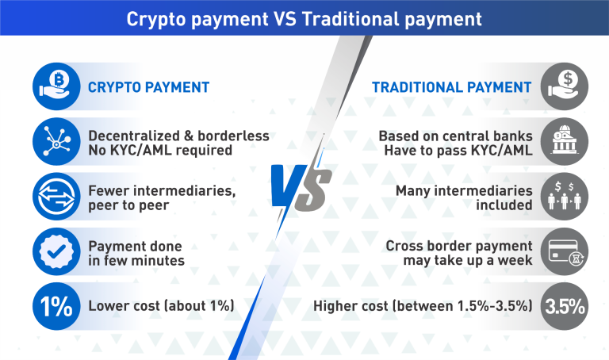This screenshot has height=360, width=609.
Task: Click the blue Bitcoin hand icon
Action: coord(56,86)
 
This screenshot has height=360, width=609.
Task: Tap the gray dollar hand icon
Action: coord(565,86)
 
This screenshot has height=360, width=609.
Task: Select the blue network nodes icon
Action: coord(56,141)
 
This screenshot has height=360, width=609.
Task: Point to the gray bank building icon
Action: coord(565,141)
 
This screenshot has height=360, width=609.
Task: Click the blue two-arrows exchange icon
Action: coord(56,197)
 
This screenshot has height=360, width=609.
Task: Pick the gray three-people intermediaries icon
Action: coord(565,197)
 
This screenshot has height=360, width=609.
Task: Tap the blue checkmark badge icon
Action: coord(56,251)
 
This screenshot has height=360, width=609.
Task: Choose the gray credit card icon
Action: coord(565,251)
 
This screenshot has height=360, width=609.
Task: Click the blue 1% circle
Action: coord(56,306)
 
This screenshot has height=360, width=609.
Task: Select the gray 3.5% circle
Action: coord(565,306)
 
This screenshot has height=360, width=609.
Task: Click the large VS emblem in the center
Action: coord(301,189)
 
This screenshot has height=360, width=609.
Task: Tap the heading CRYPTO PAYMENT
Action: coord(149,87)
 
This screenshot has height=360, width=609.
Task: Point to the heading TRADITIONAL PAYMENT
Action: coord(452,87)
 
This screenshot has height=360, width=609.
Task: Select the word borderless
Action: coord(233,136)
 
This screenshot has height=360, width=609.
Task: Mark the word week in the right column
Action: coord(515,260)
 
